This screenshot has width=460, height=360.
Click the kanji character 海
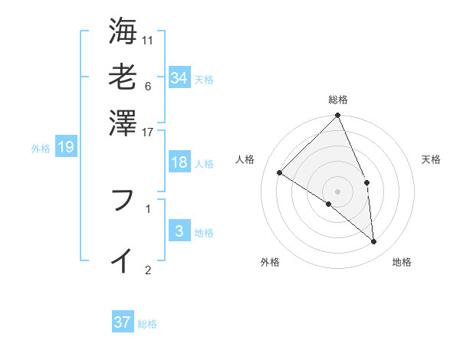point(123,31)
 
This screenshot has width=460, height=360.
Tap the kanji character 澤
point(123,122)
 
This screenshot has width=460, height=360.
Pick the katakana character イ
point(123,260)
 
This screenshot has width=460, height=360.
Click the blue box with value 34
point(179,78)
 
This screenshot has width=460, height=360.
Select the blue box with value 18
point(179,162)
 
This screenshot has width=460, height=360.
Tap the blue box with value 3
point(179,231)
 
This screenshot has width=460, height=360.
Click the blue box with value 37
point(123,322)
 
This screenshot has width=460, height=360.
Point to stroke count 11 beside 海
point(148,40)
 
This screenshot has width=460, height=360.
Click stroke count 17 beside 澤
point(148,132)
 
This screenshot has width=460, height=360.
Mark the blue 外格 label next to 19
point(41,149)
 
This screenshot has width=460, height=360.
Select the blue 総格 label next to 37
point(147,324)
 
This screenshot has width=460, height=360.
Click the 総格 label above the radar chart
point(338,100)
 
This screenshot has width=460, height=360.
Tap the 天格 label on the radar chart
point(431,159)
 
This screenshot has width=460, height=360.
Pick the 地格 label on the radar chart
point(402,262)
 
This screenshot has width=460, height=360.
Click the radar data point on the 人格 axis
point(280,173)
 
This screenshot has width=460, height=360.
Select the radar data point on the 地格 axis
point(373,241)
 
